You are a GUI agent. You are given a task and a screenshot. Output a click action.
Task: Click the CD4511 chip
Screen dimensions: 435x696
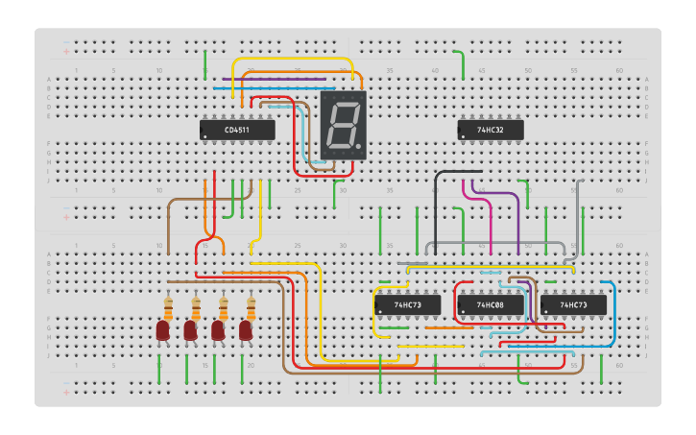237,130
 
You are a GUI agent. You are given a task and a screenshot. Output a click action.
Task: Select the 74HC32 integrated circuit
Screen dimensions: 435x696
490,129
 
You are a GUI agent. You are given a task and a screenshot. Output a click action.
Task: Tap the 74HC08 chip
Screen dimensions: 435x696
490,304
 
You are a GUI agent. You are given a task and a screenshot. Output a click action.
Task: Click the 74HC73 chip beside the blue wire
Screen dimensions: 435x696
573,304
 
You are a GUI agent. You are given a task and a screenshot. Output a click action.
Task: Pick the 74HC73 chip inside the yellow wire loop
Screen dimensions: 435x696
407,304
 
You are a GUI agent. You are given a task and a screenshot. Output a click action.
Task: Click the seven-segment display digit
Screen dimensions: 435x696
341,124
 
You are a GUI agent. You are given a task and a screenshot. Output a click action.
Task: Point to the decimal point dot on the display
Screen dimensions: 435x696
360,146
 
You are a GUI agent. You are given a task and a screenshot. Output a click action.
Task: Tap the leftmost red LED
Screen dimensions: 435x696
162,331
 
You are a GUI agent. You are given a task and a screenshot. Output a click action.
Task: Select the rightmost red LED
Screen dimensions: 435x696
246,331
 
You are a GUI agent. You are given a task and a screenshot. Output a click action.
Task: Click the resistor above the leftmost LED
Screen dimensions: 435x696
168,308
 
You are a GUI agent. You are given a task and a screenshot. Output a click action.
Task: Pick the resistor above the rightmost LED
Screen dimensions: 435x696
252,308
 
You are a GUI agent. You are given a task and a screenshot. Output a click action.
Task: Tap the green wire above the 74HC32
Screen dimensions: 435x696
464,65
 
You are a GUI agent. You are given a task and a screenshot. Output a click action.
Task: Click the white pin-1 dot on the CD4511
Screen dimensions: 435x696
204,138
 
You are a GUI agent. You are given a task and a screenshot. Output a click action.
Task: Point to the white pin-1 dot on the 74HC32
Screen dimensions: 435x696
463,137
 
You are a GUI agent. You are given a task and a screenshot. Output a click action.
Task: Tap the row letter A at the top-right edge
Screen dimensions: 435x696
646,79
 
